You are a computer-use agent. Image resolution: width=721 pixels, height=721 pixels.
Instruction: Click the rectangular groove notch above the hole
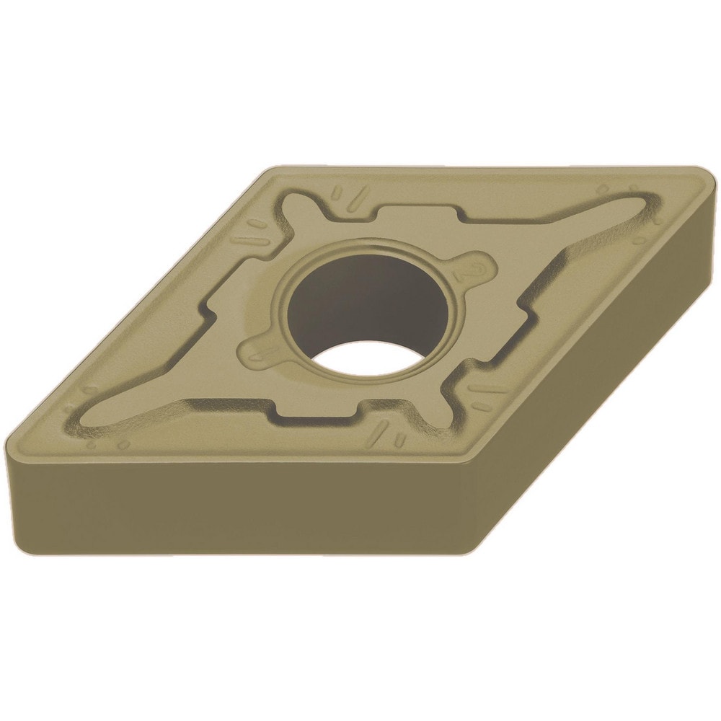coord(418,216)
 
